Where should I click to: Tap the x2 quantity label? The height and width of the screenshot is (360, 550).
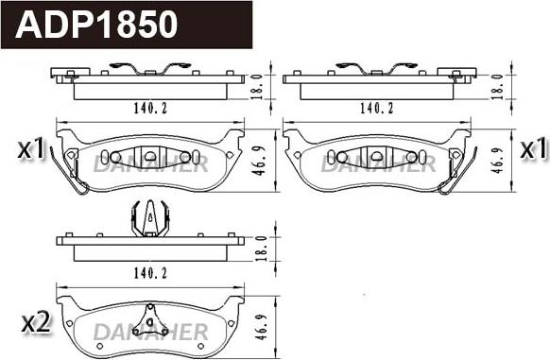[x=35, y=322]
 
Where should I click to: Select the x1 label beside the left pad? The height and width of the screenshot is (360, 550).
[x=31, y=148]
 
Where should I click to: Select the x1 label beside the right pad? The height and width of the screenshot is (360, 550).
[x=534, y=148]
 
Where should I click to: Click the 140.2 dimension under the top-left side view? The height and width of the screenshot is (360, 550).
[x=151, y=109]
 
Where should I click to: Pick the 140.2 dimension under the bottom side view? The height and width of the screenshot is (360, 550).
[x=151, y=272]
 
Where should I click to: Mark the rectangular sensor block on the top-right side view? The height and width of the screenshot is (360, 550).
[x=460, y=74]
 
